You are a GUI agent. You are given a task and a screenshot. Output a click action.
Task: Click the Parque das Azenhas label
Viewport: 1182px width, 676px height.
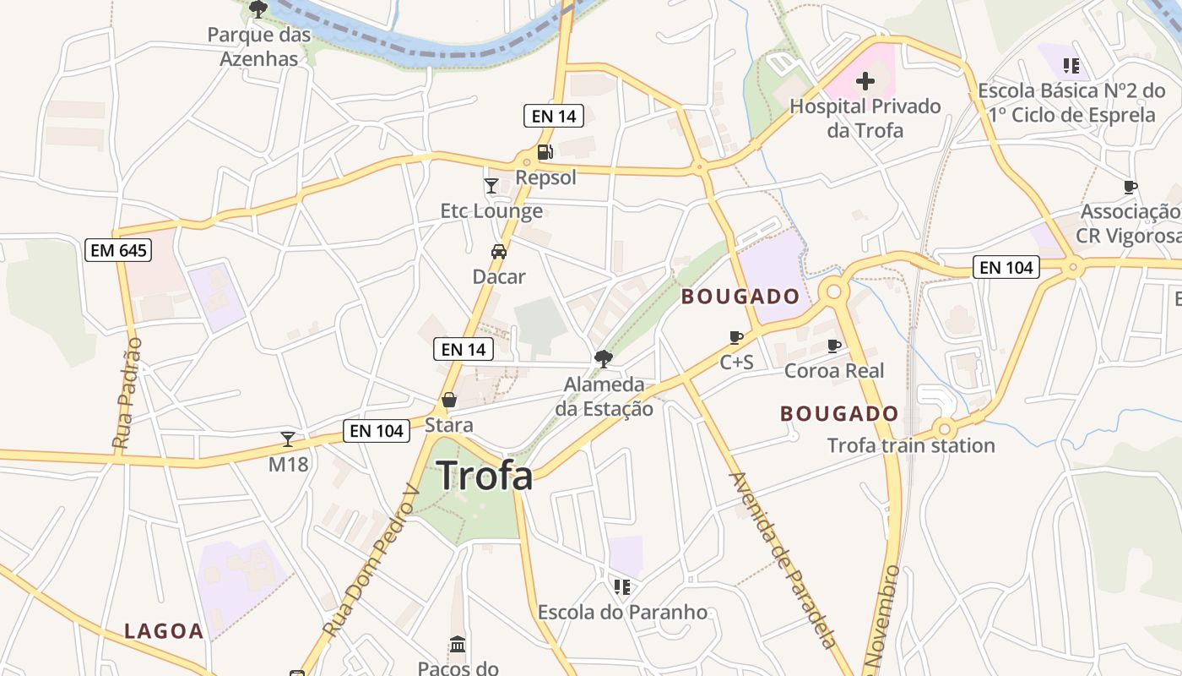259,47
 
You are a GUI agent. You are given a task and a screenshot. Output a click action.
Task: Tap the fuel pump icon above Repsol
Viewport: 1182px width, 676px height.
545,152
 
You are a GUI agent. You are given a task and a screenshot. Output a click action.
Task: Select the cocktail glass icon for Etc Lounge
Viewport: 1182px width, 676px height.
491,185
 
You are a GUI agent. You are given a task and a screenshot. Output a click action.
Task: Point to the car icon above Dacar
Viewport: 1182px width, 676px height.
499,251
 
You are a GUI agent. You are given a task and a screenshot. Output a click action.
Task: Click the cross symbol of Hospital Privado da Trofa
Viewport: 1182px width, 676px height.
865,82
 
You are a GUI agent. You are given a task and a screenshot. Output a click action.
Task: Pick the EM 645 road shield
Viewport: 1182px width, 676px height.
118,250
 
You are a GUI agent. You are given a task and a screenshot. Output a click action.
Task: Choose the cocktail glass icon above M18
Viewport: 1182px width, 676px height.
288,439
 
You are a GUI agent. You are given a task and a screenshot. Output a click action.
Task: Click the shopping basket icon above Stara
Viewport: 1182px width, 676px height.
449,399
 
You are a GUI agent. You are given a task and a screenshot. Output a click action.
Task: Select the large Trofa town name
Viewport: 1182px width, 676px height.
485,476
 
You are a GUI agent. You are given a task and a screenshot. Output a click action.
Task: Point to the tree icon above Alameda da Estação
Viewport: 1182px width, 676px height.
604,358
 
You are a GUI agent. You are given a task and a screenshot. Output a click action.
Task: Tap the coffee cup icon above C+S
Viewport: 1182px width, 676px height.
736,338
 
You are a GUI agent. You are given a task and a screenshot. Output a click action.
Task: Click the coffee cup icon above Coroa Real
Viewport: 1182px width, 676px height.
834,346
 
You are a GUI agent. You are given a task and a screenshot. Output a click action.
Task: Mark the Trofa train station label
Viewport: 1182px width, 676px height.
911,445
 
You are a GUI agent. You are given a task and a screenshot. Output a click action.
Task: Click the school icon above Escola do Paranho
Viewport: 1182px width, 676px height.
622,586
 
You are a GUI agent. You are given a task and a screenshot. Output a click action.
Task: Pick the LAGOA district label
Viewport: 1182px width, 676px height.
165,631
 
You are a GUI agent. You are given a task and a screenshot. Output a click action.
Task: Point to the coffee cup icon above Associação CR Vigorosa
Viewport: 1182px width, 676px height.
1130,187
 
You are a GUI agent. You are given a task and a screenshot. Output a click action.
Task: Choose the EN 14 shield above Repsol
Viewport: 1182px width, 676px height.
554,117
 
